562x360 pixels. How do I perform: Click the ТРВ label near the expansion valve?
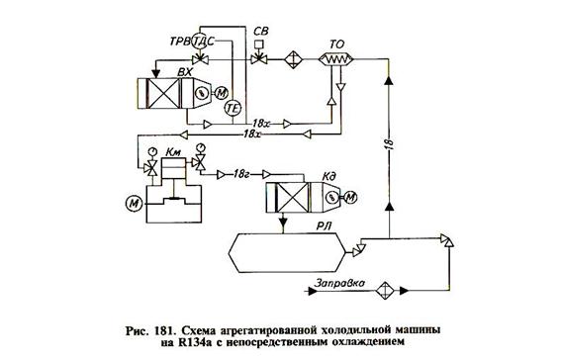(176, 41)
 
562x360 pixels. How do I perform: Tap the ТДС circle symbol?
(200, 41)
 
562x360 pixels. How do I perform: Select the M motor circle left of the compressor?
(133, 203)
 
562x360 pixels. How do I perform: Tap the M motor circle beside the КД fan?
(351, 201)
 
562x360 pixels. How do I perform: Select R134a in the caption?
(231, 342)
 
